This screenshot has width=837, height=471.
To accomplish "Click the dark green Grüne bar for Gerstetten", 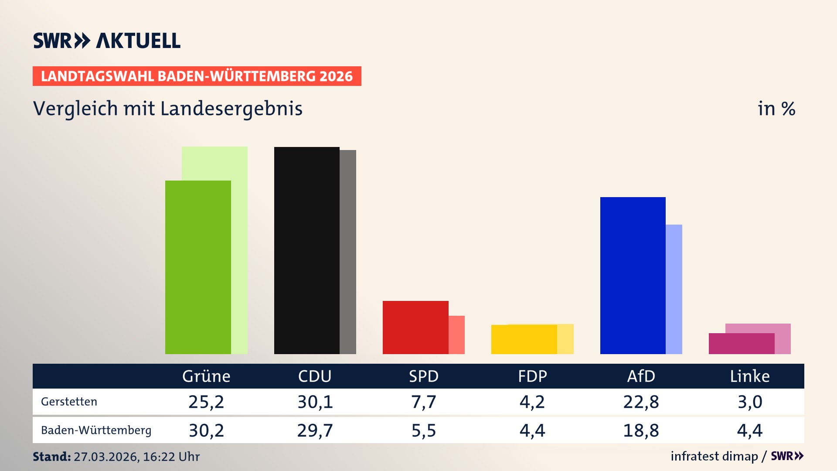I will (198, 267).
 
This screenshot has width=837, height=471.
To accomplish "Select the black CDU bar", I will (306, 250).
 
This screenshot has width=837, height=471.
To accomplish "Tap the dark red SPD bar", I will (415, 327).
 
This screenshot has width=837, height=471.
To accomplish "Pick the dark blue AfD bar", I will (633, 275).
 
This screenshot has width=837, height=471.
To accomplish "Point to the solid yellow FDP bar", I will (524, 339).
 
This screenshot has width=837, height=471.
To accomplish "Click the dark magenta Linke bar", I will (741, 344).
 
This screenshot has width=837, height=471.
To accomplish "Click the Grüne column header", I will (206, 376).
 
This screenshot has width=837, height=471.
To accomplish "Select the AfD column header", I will (641, 376).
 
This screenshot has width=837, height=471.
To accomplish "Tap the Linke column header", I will (749, 376).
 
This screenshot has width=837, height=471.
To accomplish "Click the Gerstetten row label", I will (69, 402).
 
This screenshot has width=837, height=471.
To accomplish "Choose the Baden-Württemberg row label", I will (96, 430).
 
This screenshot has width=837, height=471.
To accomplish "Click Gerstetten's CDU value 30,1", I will (315, 402).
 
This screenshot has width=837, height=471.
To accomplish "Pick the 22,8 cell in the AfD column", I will (641, 402).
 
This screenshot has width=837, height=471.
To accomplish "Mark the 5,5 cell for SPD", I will (423, 430).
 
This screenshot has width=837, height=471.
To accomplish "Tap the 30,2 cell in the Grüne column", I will (206, 430).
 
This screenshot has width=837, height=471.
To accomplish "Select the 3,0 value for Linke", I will (749, 402).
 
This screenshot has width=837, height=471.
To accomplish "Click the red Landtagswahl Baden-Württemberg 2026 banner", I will (197, 76).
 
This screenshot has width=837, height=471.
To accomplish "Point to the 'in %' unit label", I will (776, 109).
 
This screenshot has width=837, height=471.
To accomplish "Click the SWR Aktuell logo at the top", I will (107, 41).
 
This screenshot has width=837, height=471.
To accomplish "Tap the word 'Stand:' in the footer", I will (51, 457).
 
